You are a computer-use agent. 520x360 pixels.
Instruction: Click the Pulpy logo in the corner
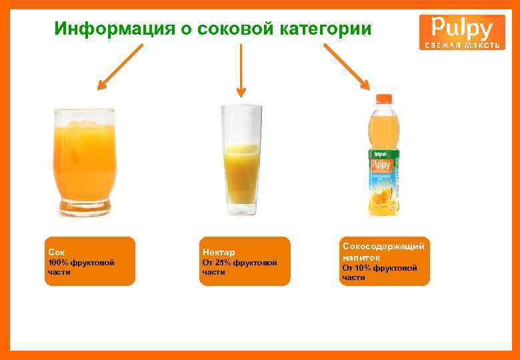(462, 32)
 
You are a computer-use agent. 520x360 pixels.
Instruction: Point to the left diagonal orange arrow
(120, 67)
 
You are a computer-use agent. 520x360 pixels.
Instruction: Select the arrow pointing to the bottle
(347, 67)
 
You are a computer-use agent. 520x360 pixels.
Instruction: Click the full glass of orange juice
(83, 163)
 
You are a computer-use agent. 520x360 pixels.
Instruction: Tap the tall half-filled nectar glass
(241, 160)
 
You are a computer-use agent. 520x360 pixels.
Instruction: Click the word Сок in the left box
(56, 253)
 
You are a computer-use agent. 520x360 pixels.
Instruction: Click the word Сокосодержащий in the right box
(383, 247)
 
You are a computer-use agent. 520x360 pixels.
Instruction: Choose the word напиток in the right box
(361, 257)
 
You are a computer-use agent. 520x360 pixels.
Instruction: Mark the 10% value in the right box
(365, 267)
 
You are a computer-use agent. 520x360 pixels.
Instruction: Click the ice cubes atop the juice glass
(81, 124)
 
